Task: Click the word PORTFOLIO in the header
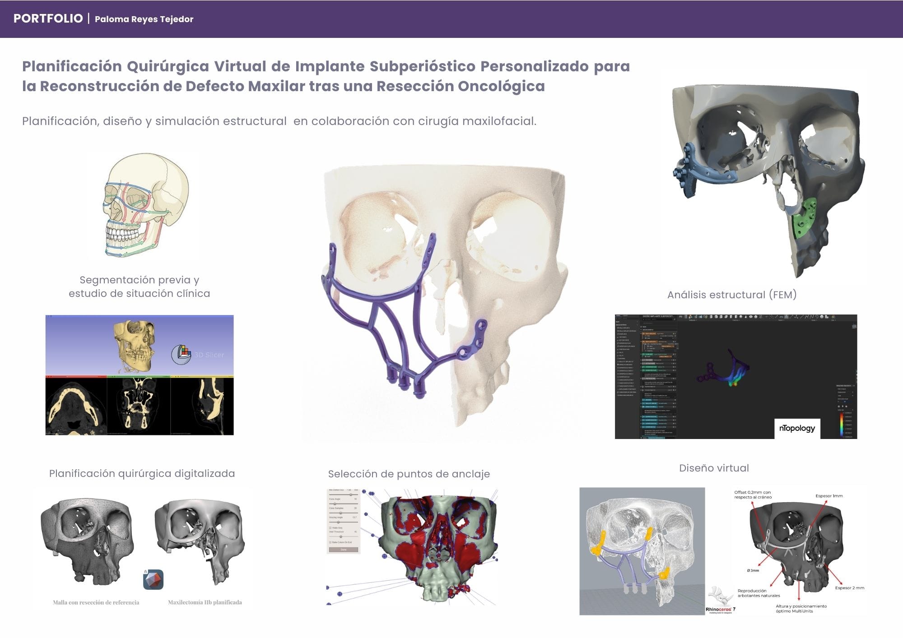pyautogui.click(x=48, y=18)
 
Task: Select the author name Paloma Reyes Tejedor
pyautogui.click(x=144, y=19)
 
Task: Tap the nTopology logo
pyautogui.click(x=797, y=428)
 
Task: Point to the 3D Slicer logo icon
pyautogui.click(x=182, y=355)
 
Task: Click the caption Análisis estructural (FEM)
pyautogui.click(x=732, y=295)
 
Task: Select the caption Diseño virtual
pyautogui.click(x=714, y=468)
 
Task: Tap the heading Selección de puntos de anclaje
pyautogui.click(x=409, y=474)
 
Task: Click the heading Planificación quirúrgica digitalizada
pyautogui.click(x=142, y=473)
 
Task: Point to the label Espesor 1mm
pyautogui.click(x=829, y=496)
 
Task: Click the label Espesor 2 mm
pyautogui.click(x=849, y=588)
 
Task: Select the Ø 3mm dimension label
pyautogui.click(x=753, y=571)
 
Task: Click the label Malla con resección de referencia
pyautogui.click(x=96, y=602)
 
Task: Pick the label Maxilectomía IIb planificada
pyautogui.click(x=205, y=602)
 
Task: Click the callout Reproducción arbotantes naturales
pyautogui.click(x=759, y=593)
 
